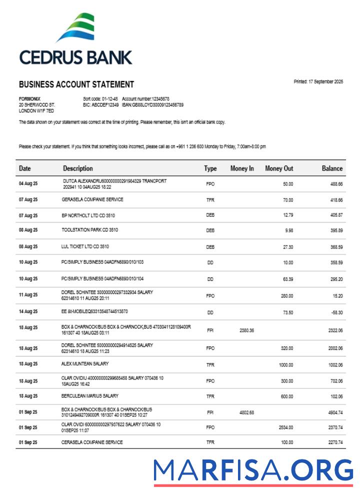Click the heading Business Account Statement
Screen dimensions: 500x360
[x=76, y=84]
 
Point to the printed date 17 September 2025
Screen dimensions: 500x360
[x=318, y=81]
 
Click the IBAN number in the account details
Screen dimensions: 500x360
[x=155, y=105]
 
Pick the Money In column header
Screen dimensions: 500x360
[x=242, y=168]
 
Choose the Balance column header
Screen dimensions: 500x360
[x=332, y=168]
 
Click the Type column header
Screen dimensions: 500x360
[x=210, y=168]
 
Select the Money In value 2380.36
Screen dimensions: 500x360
[x=246, y=330]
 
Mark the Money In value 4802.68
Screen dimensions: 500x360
[x=246, y=412]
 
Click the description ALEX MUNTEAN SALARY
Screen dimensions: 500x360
[x=84, y=364]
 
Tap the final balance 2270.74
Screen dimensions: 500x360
[x=334, y=442]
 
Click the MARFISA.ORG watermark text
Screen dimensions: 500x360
[x=253, y=471]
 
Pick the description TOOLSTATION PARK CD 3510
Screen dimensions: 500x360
[x=90, y=230]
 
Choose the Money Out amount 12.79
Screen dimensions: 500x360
[x=287, y=215]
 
